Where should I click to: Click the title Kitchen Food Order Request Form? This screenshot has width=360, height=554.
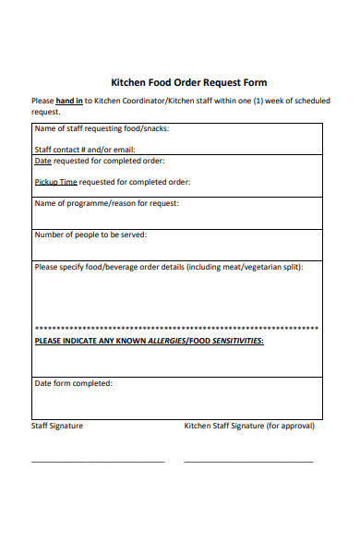tap(188, 82)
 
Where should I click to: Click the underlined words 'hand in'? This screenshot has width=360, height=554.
tap(69, 101)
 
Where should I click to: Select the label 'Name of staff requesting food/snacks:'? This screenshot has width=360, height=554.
tap(102, 128)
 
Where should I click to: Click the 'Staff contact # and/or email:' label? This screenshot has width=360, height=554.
tap(85, 150)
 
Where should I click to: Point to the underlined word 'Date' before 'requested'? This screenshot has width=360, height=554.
tap(42, 161)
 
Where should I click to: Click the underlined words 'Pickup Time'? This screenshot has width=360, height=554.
tap(56, 182)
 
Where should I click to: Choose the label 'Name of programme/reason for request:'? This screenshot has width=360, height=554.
tap(106, 203)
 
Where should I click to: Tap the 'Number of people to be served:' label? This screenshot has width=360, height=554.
tap(90, 235)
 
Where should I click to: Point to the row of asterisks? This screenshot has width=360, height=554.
tap(176, 329)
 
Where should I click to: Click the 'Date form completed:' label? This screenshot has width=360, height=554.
tap(73, 382)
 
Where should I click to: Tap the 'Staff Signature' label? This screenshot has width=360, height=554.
tap(57, 426)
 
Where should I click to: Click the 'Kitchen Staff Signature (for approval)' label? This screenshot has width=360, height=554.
tap(249, 426)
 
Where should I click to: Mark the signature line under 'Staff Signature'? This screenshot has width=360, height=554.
tap(98, 461)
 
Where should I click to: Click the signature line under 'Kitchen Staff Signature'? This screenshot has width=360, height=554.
tap(248, 461)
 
